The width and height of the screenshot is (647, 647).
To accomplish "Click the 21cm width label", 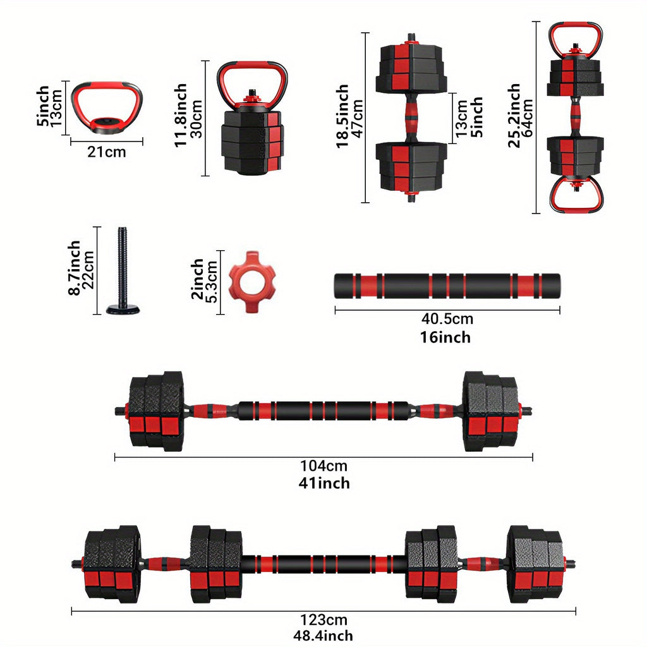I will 106,152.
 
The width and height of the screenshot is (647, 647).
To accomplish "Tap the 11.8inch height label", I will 181,116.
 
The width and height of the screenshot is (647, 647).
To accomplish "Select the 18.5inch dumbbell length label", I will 342,116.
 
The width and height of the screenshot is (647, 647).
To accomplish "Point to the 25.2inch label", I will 514,116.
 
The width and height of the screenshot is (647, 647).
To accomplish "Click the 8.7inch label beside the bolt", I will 74,267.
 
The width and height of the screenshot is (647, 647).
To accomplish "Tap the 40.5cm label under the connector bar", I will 447,320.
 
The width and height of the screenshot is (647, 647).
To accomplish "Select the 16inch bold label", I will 445,337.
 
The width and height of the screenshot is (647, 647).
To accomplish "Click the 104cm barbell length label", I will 323,466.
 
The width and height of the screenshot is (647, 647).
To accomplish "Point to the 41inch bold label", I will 323,483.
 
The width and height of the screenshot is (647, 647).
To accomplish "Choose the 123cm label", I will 323,620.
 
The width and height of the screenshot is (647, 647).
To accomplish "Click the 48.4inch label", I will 323,636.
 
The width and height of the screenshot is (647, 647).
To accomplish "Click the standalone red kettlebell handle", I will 106,106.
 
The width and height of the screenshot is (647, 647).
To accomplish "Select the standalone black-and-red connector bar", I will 447,286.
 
